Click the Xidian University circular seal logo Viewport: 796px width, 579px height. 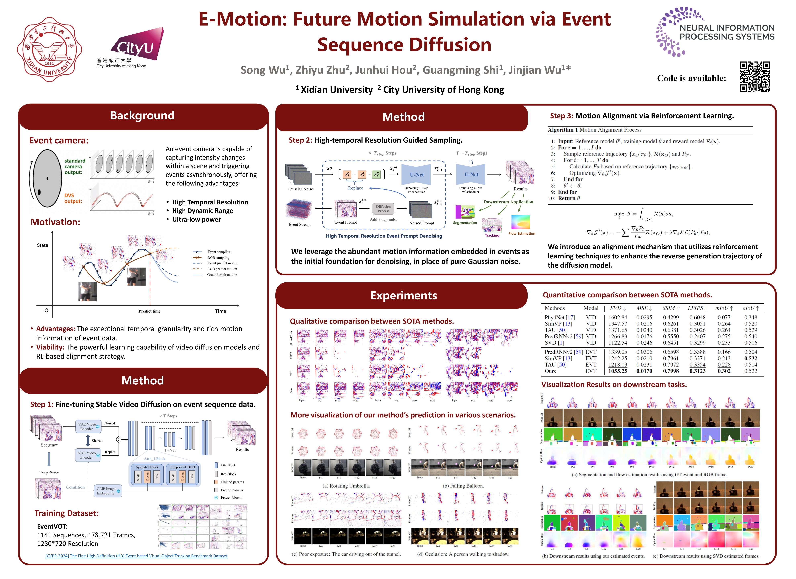[49, 49]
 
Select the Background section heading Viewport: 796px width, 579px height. [142, 116]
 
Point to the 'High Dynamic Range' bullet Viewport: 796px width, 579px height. [202, 211]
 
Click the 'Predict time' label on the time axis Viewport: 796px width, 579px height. [150, 311]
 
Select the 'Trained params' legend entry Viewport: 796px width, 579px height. [232, 482]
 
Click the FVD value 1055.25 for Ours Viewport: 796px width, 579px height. [618, 371]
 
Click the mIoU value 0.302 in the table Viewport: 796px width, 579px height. [724, 371]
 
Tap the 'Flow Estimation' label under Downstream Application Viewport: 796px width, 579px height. [522, 233]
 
